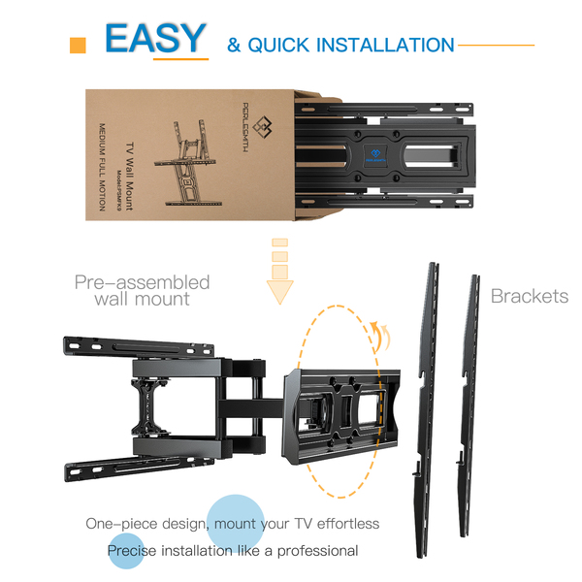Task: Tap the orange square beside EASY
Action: click(79, 46)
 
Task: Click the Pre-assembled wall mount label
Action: click(143, 290)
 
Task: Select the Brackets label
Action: click(529, 296)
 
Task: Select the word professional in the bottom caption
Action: click(313, 551)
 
